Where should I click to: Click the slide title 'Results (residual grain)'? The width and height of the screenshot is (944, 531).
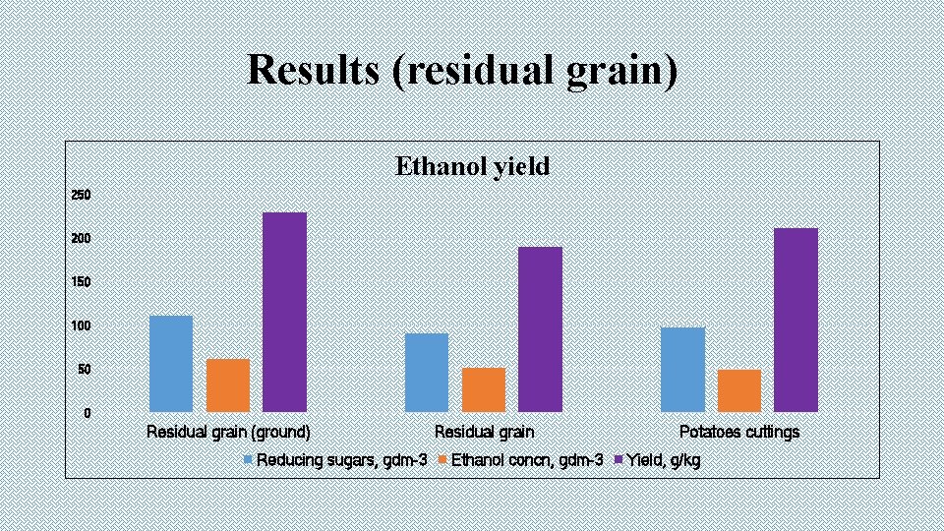click(x=462, y=70)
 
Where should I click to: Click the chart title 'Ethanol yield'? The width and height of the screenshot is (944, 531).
click(x=472, y=166)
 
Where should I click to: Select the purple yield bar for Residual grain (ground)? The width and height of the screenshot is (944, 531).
click(x=284, y=312)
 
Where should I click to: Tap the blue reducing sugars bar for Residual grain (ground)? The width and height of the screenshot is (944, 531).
click(x=171, y=363)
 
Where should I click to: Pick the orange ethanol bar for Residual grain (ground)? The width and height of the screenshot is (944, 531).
click(x=228, y=384)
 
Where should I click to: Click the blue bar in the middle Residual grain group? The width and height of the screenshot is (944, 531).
click(x=427, y=372)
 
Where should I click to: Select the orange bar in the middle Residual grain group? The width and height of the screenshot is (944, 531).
click(x=484, y=389)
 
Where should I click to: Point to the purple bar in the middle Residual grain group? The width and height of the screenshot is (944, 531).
click(x=541, y=328)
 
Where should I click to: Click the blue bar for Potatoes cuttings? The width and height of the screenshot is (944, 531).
click(x=682, y=369)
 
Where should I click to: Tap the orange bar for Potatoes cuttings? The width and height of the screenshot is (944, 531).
click(x=739, y=390)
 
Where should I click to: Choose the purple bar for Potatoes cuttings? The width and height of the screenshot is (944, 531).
click(x=796, y=320)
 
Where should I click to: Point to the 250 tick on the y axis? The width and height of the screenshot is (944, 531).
click(x=81, y=196)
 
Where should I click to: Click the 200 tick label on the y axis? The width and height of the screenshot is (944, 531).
click(x=81, y=239)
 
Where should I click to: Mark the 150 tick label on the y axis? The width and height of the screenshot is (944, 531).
click(x=81, y=282)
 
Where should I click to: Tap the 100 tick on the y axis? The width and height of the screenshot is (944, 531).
click(x=81, y=325)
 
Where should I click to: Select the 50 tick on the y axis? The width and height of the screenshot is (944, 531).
click(x=83, y=370)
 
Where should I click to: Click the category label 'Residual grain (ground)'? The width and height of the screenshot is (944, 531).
click(x=228, y=432)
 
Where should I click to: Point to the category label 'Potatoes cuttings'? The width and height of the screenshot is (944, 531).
click(x=739, y=432)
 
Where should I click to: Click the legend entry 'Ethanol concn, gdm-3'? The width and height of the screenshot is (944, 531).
click(x=526, y=460)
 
